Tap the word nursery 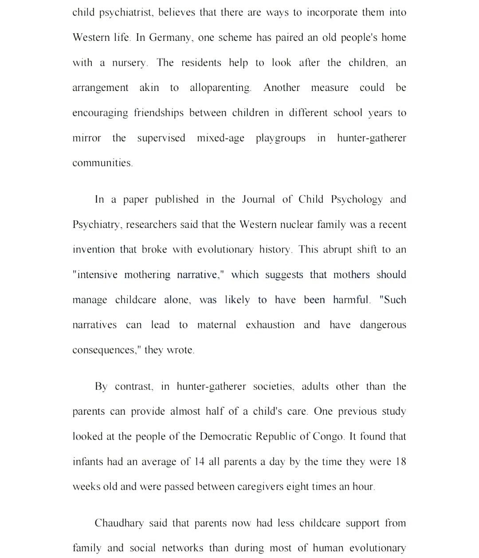pos(130,63)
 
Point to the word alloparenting pos(220,88)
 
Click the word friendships pos(158,113)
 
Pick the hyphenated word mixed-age pos(220,138)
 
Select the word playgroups pos(280,138)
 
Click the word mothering pos(147,275)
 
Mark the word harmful pos(351,299)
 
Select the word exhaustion pos(270,325)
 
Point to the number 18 pos(400,462)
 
